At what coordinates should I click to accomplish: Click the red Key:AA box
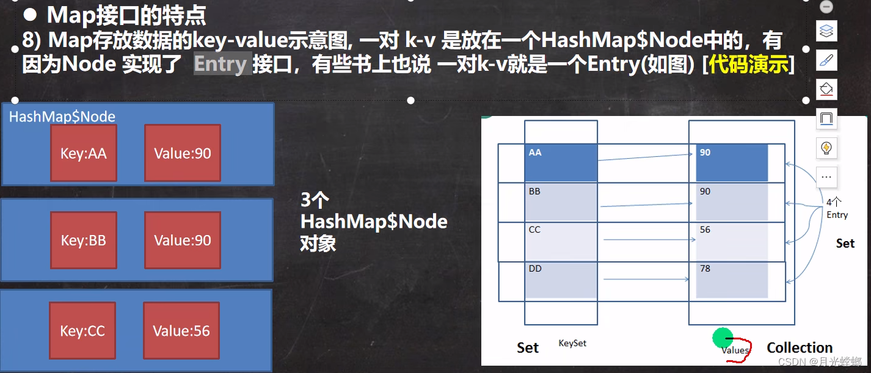click(x=83, y=153)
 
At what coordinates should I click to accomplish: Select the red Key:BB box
click(x=83, y=241)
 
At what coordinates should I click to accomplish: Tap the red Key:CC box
click(x=82, y=331)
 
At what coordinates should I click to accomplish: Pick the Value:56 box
click(x=181, y=331)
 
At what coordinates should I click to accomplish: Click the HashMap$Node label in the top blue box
click(x=62, y=117)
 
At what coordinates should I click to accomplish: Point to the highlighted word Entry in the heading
click(x=220, y=63)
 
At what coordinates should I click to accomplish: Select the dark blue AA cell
click(x=560, y=163)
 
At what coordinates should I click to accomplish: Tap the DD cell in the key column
click(x=560, y=280)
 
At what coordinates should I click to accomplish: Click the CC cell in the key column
click(x=560, y=241)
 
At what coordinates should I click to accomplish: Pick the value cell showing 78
click(x=731, y=280)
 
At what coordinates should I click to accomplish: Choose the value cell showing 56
click(x=731, y=241)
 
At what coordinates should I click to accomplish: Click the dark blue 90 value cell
click(x=731, y=163)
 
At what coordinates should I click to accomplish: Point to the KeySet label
click(x=572, y=343)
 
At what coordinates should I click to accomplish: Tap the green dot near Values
click(x=723, y=336)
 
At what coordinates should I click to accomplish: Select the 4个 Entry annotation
click(x=837, y=208)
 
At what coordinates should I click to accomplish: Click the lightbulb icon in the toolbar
click(x=826, y=147)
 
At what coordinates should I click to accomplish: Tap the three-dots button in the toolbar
click(x=826, y=176)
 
